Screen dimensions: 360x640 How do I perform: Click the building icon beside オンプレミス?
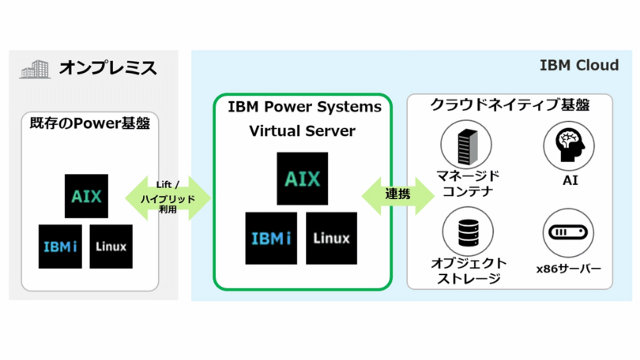[35, 69]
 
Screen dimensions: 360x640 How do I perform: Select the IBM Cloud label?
[579, 65]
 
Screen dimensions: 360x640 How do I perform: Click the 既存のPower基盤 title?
[90, 123]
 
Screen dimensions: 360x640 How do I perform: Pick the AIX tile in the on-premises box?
[86, 196]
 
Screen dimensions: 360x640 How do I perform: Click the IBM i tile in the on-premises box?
[60, 246]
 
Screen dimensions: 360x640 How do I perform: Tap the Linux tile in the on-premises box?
[111, 246]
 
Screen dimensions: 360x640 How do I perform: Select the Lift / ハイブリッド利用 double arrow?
[168, 198]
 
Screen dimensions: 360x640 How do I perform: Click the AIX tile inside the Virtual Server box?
[302, 178]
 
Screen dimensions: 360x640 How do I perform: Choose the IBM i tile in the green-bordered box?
[271, 238]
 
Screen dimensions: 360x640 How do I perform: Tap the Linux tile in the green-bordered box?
[331, 238]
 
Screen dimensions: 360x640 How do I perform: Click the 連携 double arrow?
[398, 196]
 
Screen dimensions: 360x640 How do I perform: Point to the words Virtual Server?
[302, 131]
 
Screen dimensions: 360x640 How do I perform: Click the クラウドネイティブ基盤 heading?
[510, 105]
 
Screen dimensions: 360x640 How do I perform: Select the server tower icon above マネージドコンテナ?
[466, 145]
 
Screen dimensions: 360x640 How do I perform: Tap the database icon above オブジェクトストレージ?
[468, 232]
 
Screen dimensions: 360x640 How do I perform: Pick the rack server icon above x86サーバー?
[568, 232]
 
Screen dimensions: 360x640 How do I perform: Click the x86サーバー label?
[568, 269]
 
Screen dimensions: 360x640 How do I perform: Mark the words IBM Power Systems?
[304, 107]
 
